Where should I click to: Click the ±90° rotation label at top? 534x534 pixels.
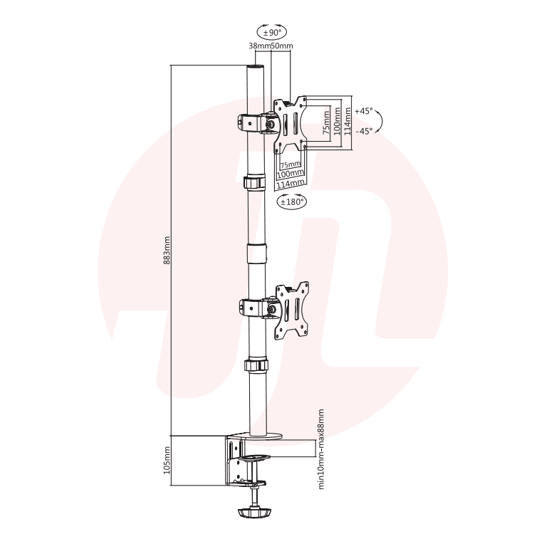pyautogui.click(x=271, y=33)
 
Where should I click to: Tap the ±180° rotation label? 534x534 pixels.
pyautogui.click(x=291, y=202)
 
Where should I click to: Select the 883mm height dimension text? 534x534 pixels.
pyautogui.click(x=167, y=251)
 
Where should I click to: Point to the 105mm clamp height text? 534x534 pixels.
pyautogui.click(x=167, y=460)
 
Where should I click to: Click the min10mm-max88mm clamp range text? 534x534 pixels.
pyautogui.click(x=321, y=449)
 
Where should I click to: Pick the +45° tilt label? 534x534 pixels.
pyautogui.click(x=364, y=111)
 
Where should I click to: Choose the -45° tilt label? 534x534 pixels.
pyautogui.click(x=364, y=131)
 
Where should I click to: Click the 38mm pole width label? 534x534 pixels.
pyautogui.click(x=259, y=46)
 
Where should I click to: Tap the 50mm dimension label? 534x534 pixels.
pyautogui.click(x=282, y=46)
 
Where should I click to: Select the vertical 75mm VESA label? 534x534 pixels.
pyautogui.click(x=326, y=122)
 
